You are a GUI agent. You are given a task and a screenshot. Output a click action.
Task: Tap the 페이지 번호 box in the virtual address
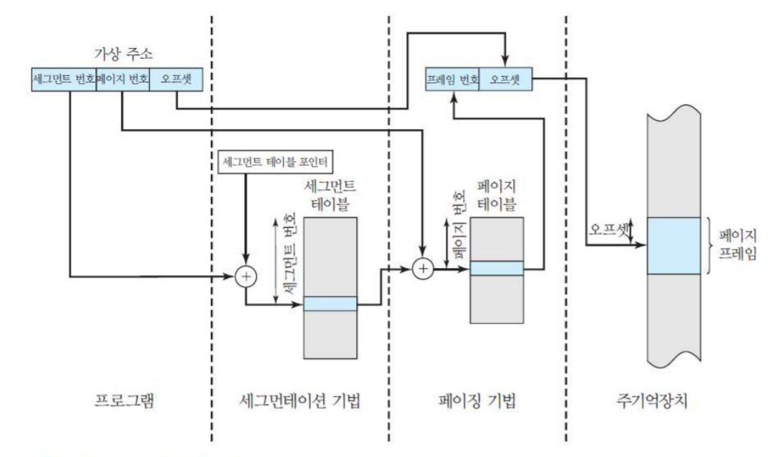(x=122, y=80)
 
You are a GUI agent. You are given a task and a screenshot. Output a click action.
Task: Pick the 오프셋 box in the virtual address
(x=176, y=80)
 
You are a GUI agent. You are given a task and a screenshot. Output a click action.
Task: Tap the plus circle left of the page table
(x=424, y=269)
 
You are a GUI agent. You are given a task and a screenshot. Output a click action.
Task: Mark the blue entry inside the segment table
(x=330, y=304)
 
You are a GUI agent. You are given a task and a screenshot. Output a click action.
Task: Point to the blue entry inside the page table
(x=496, y=268)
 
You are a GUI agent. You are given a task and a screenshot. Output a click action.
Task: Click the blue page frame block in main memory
(x=674, y=246)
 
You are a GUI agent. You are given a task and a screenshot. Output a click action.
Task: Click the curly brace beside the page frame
(x=709, y=245)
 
